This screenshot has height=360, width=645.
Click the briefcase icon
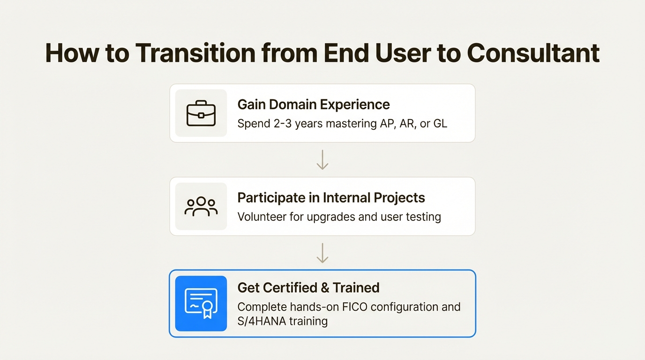tap(201, 113)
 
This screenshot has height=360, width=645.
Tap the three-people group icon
tap(201, 207)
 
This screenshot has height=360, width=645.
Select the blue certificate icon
tap(201, 303)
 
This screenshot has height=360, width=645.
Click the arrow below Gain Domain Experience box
tap(322, 160)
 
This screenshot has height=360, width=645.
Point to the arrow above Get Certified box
tap(322, 253)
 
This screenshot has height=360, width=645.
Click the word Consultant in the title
tap(533, 53)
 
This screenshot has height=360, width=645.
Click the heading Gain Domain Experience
tap(314, 104)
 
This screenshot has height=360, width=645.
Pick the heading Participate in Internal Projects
tap(331, 197)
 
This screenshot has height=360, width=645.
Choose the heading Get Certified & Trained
tap(308, 287)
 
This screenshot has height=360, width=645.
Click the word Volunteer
tap(262, 217)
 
